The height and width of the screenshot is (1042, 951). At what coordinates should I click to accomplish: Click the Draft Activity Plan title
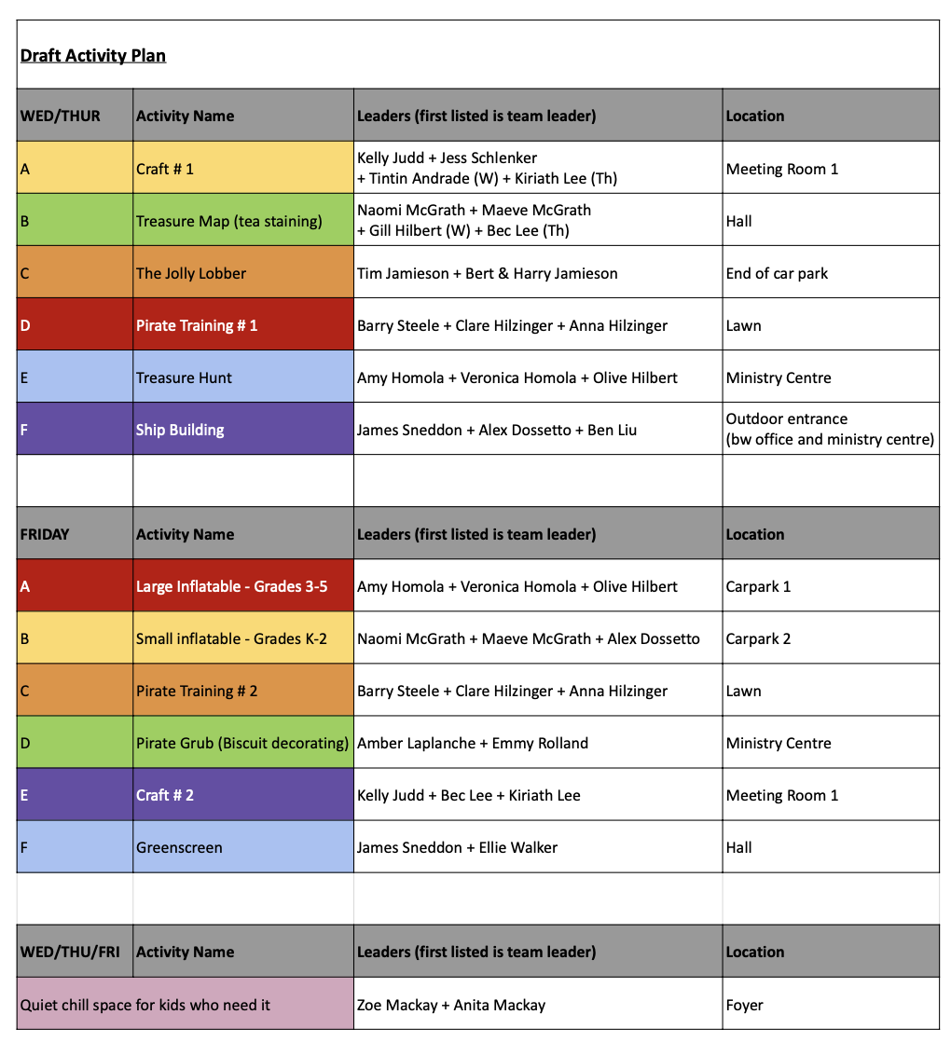pyautogui.click(x=93, y=56)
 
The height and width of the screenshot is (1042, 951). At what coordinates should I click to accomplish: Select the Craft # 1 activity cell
pyautogui.click(x=242, y=169)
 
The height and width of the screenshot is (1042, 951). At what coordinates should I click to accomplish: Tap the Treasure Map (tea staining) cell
pyautogui.click(x=242, y=221)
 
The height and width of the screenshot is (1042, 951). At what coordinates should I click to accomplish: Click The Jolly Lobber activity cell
pyautogui.click(x=242, y=273)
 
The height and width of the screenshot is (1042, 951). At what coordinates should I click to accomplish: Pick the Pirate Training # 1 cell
pyautogui.click(x=242, y=325)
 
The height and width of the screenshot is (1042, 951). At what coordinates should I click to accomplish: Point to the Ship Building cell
pyautogui.click(x=242, y=430)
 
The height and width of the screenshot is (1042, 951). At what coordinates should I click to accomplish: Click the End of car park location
pyautogui.click(x=830, y=273)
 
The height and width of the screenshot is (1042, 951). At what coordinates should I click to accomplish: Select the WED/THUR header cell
pyautogui.click(x=75, y=116)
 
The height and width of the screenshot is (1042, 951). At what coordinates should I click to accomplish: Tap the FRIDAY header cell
pyautogui.click(x=75, y=534)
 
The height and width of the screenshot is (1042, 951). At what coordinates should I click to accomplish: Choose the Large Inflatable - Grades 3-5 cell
pyautogui.click(x=242, y=586)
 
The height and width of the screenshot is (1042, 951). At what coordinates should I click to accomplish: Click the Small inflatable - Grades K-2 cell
pyautogui.click(x=242, y=638)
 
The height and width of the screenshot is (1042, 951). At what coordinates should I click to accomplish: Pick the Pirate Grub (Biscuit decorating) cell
pyautogui.click(x=242, y=743)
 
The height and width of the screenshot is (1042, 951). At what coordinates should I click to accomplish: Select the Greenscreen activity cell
pyautogui.click(x=242, y=847)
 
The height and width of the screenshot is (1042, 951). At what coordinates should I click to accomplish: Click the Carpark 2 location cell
pyautogui.click(x=830, y=638)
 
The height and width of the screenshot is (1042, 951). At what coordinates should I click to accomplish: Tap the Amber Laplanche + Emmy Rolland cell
pyautogui.click(x=537, y=743)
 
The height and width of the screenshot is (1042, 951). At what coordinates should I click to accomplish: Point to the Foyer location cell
pyautogui.click(x=830, y=1005)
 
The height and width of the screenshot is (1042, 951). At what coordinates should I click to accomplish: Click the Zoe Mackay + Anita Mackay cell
pyautogui.click(x=537, y=1005)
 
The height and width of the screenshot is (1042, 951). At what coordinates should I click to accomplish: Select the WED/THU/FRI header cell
pyautogui.click(x=75, y=952)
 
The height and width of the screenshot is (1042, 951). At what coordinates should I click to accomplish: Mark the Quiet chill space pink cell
pyautogui.click(x=185, y=1005)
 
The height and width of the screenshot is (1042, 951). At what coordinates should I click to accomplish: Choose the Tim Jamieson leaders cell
pyautogui.click(x=537, y=273)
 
